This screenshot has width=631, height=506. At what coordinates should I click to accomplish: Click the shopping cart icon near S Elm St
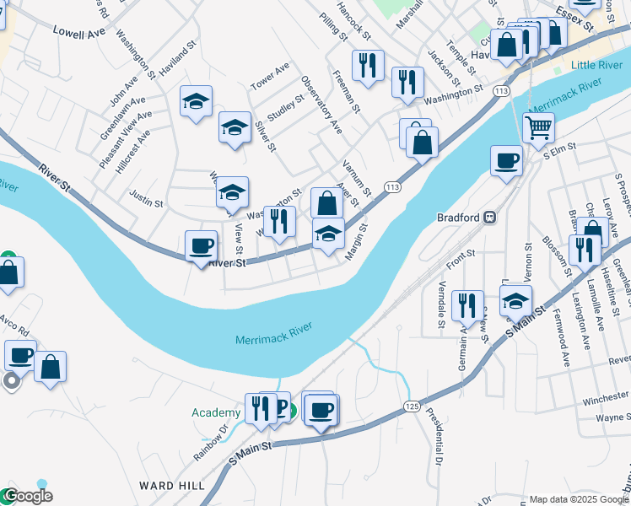(537, 128)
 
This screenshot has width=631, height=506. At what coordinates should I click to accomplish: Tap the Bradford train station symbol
(488, 217)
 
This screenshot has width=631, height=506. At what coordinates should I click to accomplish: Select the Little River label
(596, 65)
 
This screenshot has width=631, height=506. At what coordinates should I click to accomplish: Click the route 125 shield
(412, 406)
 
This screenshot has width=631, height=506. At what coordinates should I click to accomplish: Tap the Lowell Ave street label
(78, 31)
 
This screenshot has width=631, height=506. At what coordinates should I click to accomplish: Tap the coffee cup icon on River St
(201, 246)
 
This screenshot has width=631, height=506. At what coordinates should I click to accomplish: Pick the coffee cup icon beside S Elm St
(507, 160)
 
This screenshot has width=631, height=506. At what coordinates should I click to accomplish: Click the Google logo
(28, 497)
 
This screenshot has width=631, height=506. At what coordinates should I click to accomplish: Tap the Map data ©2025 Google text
(579, 499)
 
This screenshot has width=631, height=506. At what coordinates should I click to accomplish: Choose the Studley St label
(285, 107)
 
